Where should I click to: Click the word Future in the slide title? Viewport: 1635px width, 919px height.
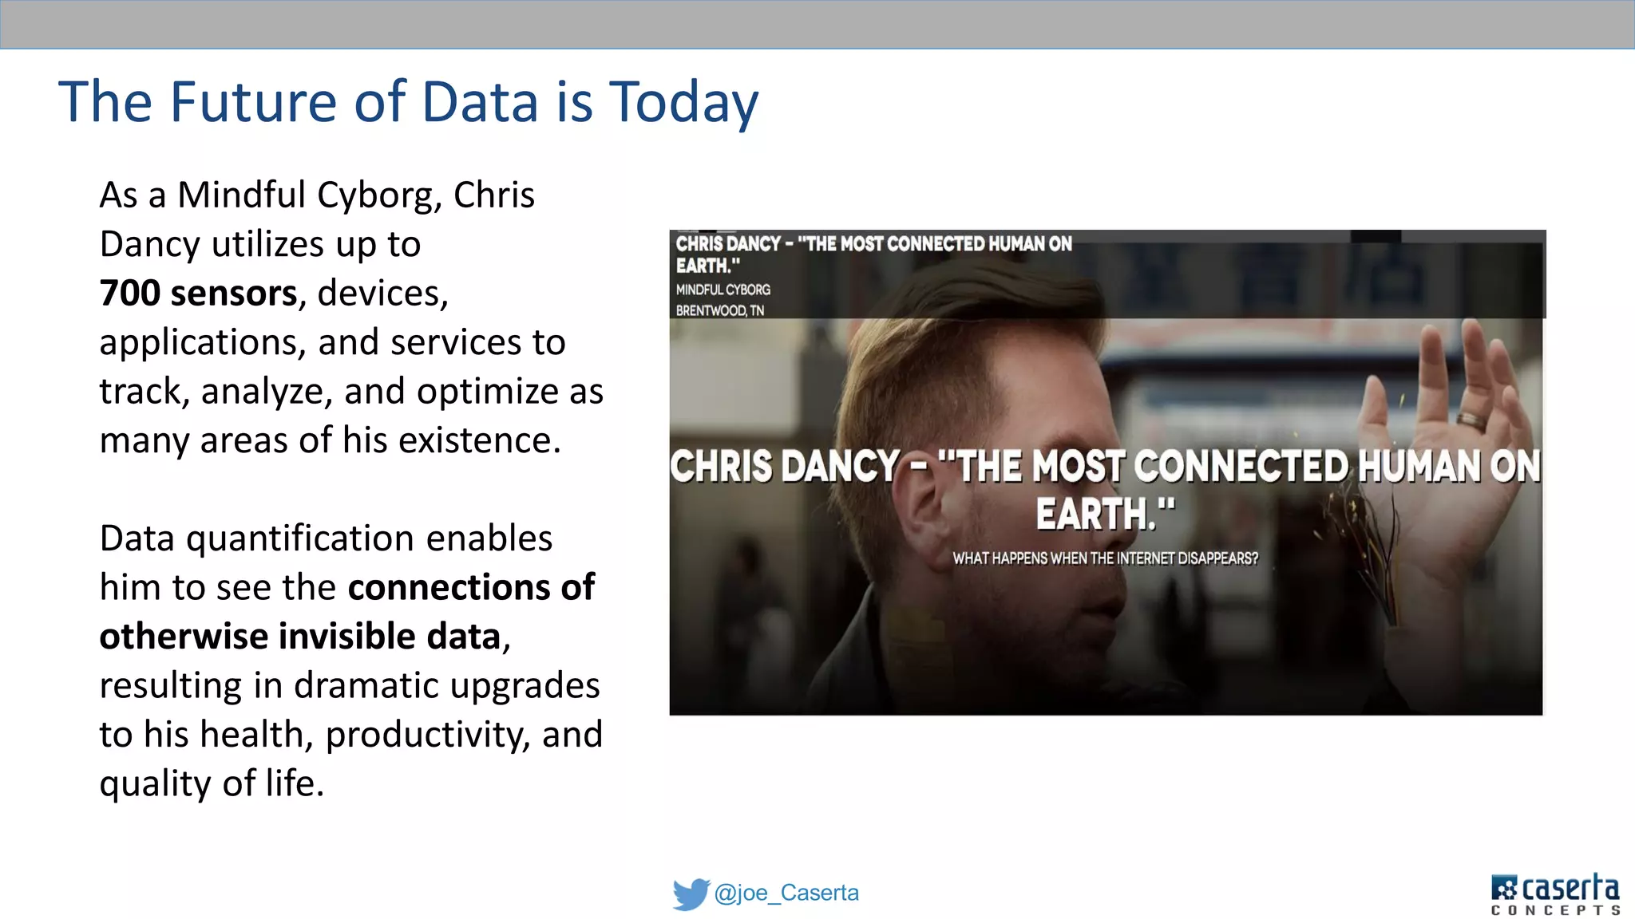point(253,102)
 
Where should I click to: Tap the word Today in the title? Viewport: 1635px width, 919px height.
point(683,104)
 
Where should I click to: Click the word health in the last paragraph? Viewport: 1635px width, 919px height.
point(265,734)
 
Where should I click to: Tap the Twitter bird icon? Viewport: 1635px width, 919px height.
point(690,893)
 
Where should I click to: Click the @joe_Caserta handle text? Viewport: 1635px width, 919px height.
point(786,893)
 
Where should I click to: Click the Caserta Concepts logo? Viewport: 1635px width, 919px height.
point(1554,894)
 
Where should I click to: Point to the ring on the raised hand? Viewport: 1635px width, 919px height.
point(1471,420)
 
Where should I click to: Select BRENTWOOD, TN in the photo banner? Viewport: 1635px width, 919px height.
point(719,310)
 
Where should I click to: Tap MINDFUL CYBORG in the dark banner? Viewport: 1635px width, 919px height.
point(722,290)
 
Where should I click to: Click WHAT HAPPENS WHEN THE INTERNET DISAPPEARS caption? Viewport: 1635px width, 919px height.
point(1105,558)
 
